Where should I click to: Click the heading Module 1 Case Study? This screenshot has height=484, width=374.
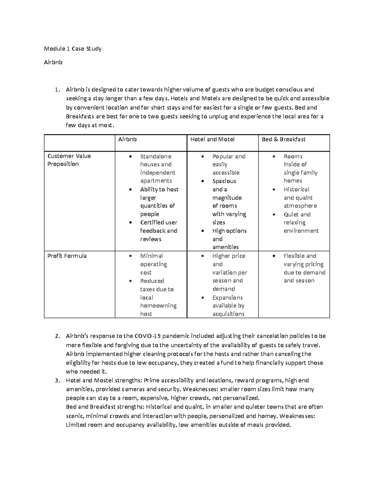tap(73, 49)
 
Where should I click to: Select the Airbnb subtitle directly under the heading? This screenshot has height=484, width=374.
tap(53, 62)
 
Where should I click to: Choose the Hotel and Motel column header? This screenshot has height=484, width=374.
tap(212, 139)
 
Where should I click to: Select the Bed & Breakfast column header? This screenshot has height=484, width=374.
tap(283, 139)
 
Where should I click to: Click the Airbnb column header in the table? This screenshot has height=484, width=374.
tap(127, 139)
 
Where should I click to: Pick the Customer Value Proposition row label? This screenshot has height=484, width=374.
tap(69, 160)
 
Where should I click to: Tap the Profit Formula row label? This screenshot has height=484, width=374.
tap(67, 256)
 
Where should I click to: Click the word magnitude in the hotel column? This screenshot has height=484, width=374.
tap(227, 198)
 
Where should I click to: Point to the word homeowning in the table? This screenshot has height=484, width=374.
tap(158, 306)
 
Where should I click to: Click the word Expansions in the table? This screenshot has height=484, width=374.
tap(227, 298)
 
